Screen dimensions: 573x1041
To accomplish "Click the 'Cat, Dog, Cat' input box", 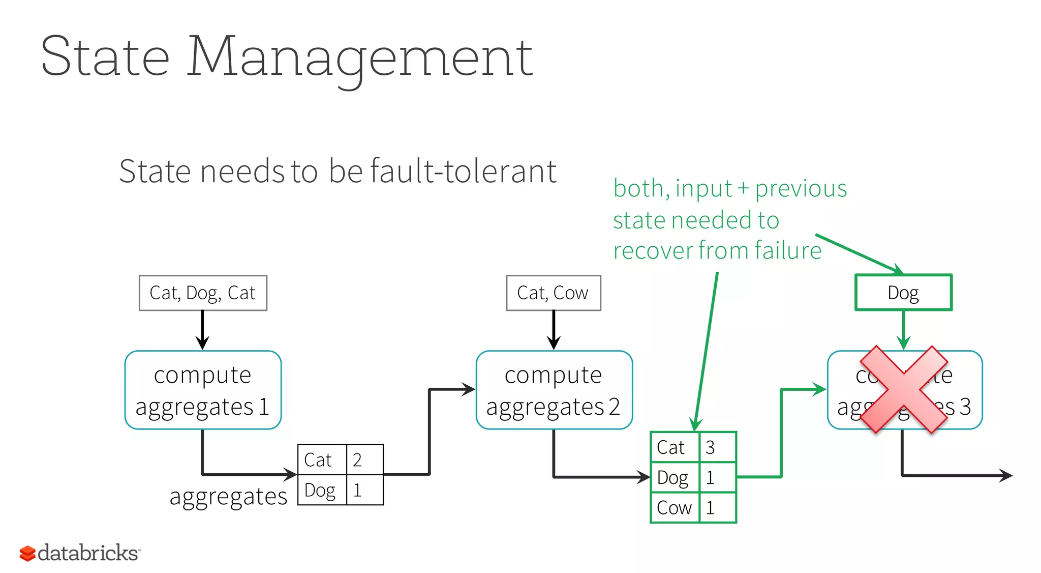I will [x=203, y=293].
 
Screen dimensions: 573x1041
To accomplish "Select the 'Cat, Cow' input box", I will [x=553, y=293].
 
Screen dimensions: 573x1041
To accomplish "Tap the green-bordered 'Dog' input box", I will [x=903, y=293].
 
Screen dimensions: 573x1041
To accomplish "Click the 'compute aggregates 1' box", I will [x=203, y=390].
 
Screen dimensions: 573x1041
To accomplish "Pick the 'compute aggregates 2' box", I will [x=554, y=390].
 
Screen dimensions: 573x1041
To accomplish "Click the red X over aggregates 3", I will [x=904, y=389].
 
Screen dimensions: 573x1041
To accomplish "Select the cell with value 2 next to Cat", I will [x=364, y=460].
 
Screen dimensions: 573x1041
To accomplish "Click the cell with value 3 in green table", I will [x=717, y=447].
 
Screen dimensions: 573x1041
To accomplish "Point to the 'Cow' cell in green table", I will [x=675, y=507].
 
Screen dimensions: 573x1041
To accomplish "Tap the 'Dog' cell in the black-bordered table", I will [x=321, y=490].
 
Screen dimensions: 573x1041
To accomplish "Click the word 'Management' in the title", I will [x=360, y=57].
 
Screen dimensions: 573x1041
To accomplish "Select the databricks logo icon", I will [x=27, y=553].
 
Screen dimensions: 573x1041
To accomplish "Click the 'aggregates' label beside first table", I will [x=228, y=496].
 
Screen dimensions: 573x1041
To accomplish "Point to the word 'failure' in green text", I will [x=788, y=250].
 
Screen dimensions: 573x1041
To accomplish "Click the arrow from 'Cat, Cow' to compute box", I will [x=554, y=329].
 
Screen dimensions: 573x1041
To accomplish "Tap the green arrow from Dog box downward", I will [x=903, y=329].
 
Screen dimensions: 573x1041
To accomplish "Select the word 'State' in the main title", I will [x=105, y=57].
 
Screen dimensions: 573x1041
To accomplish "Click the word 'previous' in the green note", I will [x=801, y=189].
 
